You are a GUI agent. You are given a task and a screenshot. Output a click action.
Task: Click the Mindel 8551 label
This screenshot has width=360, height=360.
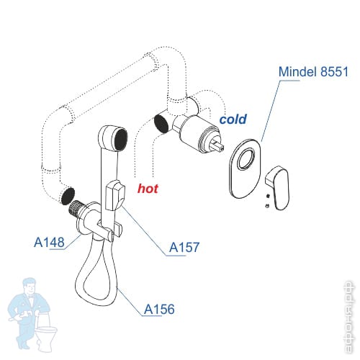(x=313, y=71)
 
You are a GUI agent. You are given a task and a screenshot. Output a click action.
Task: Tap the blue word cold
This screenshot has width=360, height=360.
(x=233, y=119)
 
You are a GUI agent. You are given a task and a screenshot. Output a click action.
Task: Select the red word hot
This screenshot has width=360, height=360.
(x=148, y=189)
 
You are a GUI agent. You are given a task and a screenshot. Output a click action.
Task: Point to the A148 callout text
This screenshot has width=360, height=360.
(x=49, y=242)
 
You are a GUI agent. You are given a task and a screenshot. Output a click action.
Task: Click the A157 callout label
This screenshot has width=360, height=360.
(x=184, y=247)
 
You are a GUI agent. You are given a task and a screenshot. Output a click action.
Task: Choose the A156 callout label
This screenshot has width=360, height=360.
(x=159, y=309)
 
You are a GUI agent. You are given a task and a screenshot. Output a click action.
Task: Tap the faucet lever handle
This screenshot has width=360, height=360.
(x=278, y=188)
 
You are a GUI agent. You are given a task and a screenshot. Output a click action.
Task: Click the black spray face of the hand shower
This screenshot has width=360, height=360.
(x=121, y=139)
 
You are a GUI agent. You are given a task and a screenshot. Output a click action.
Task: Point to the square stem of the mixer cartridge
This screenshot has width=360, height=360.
(x=217, y=145)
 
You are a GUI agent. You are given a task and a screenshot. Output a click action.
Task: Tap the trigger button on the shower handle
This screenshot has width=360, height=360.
(x=115, y=195)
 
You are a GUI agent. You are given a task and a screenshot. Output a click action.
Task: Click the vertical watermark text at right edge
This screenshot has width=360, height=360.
(x=348, y=318)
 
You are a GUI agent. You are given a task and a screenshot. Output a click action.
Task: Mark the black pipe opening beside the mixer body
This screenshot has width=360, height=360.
(x=161, y=123)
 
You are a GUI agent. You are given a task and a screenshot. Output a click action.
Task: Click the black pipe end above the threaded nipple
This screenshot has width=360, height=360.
(x=68, y=196)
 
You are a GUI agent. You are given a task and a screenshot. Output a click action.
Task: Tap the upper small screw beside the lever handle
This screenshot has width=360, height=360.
(x=268, y=196)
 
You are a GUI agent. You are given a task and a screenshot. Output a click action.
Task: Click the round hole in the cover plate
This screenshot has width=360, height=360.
(x=246, y=159)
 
